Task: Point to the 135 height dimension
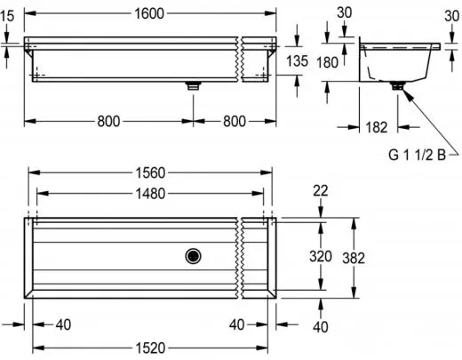pos(298,60)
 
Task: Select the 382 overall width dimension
pos(354,257)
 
